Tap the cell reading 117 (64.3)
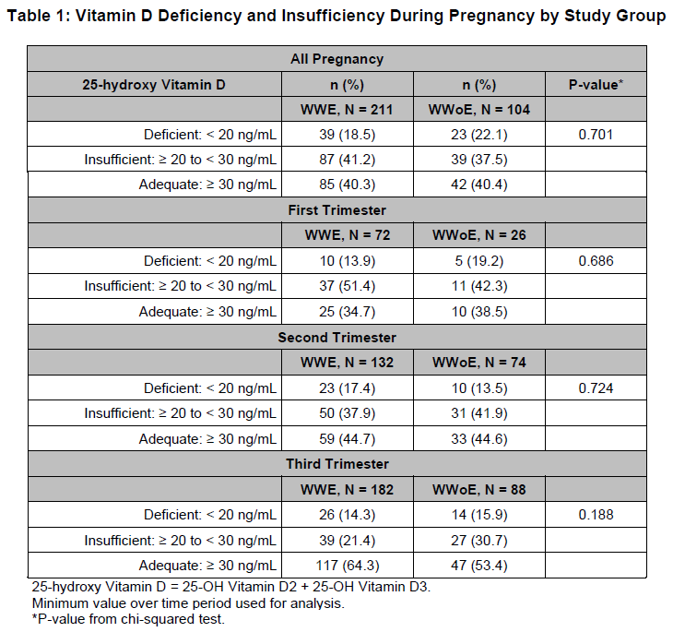click(348, 564)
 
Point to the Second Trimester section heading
click(337, 337)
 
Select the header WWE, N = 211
click(348, 110)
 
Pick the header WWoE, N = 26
click(478, 235)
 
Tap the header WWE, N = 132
click(348, 363)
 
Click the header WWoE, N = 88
click(478, 489)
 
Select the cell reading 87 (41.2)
click(348, 160)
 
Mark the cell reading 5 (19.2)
click(478, 261)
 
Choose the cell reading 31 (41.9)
click(478, 412)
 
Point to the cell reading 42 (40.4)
click(478, 185)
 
